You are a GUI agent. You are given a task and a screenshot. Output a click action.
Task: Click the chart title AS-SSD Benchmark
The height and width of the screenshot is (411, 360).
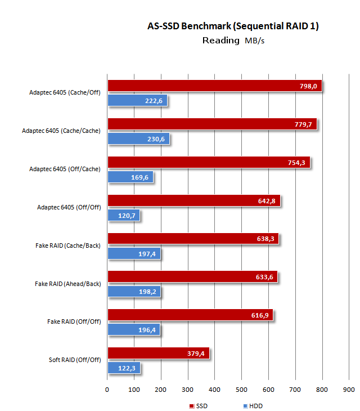[x=190, y=26]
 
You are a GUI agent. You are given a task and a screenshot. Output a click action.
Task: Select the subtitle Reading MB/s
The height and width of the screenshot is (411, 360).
[x=233, y=41]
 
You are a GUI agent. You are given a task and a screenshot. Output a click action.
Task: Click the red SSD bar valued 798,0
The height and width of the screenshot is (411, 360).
[x=215, y=86]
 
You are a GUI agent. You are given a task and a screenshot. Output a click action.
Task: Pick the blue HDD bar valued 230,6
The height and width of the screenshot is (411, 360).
[x=138, y=139]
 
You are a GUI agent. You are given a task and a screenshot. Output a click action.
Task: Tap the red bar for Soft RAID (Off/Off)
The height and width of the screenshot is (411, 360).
[x=159, y=353]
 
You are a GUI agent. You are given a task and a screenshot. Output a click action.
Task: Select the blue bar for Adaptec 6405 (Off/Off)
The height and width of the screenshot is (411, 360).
[x=124, y=215]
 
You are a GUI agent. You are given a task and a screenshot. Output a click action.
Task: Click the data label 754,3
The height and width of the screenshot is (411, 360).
[x=296, y=163]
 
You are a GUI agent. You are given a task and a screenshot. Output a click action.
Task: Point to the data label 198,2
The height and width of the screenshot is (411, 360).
[x=147, y=292]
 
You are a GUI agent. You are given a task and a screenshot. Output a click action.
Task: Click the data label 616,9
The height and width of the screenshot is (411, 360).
[x=260, y=315]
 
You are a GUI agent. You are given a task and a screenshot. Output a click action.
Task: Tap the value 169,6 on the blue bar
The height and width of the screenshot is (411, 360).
[x=139, y=177]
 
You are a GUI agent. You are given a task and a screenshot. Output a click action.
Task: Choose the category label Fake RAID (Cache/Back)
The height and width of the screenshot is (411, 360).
[x=68, y=245]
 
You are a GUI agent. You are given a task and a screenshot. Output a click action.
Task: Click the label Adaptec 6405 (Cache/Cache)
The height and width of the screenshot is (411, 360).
[x=61, y=131]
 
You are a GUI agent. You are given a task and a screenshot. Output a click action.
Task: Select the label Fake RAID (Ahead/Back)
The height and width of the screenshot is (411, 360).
[x=68, y=284]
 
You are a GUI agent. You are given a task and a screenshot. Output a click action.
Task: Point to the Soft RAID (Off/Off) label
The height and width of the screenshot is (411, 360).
[x=75, y=360]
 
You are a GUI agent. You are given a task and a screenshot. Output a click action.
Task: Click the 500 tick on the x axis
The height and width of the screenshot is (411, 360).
[x=241, y=390]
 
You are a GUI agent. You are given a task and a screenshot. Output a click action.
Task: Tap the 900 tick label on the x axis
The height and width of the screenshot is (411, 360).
[x=349, y=390]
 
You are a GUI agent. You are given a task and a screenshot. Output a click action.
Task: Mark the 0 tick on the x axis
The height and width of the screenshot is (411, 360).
[x=107, y=390]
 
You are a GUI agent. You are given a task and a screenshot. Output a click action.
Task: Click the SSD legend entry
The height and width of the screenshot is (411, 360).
[x=198, y=406]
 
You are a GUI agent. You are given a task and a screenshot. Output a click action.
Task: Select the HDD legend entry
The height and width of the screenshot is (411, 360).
[x=253, y=406]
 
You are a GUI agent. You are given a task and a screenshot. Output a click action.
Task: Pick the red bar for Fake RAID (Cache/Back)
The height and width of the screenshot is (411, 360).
[x=193, y=239]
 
